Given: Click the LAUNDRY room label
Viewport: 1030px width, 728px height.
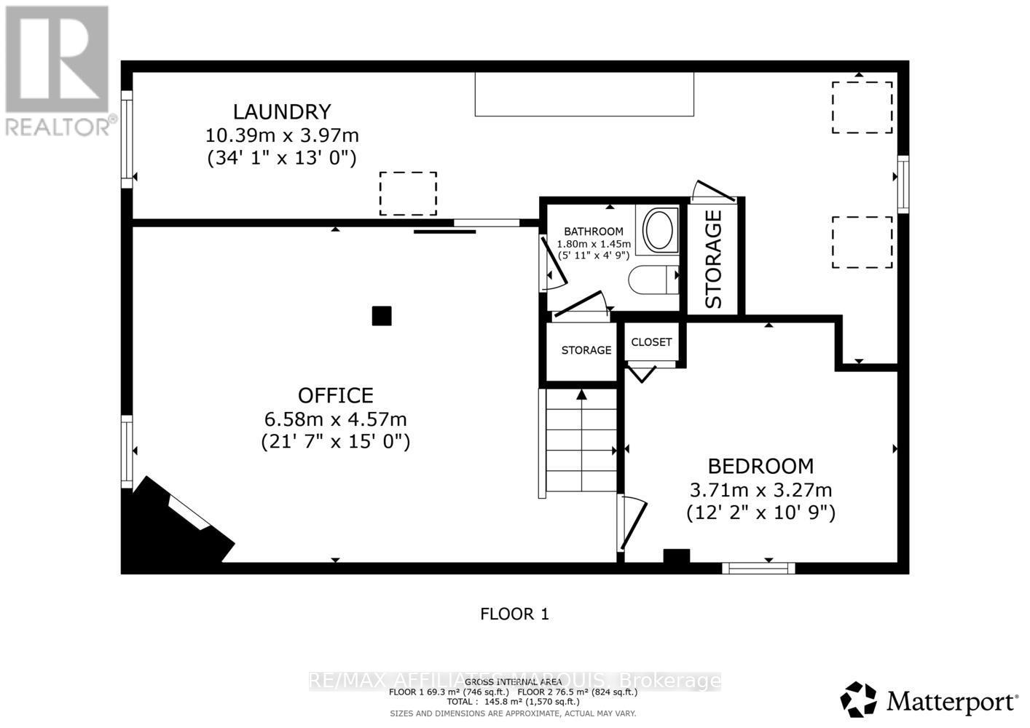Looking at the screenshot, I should coord(282,111).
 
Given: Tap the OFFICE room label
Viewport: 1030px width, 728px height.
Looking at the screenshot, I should coord(335,395).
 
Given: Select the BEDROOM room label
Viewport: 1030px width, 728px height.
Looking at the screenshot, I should coord(760,466).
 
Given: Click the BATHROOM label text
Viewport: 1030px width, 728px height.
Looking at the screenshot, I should coord(593,232).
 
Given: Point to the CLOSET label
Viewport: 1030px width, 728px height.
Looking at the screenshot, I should coord(651,342).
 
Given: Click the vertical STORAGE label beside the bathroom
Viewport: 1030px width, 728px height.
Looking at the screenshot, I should coord(713,258).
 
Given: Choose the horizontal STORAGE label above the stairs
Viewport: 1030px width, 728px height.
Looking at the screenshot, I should coord(586,350).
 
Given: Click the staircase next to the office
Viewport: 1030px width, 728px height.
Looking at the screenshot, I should coord(581,441).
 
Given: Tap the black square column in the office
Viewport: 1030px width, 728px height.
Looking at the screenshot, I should coord(382,316).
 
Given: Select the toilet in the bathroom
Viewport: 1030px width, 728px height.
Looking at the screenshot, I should coord(652,279).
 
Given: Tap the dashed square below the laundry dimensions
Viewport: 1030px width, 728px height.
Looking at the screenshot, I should coord(408,194).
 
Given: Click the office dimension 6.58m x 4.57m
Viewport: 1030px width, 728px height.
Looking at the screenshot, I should coord(335,419).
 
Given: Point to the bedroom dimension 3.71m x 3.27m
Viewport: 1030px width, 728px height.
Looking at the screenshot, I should coord(760,490).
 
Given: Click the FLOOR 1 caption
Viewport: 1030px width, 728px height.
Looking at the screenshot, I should coord(514,614).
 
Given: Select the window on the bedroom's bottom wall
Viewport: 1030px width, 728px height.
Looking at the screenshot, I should coord(758,568).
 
